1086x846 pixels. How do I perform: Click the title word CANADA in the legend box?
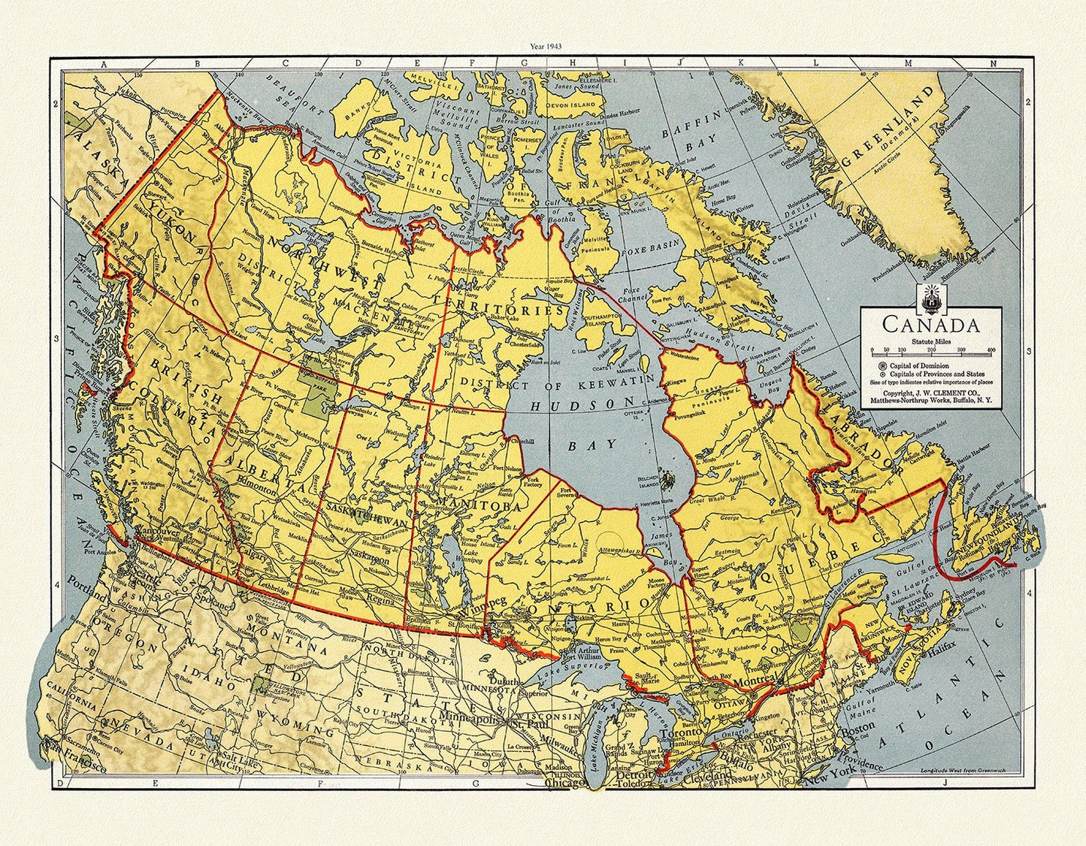coord(930,326)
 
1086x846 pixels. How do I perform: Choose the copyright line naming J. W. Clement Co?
coord(930,392)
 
